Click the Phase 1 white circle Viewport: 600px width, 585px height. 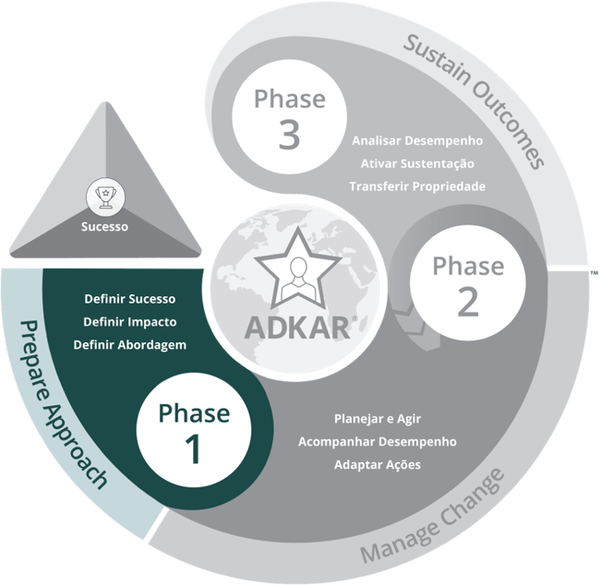click(193, 431)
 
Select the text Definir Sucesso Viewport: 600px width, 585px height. click(129, 299)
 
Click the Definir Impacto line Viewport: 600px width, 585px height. click(129, 322)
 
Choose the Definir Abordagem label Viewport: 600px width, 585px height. click(129, 345)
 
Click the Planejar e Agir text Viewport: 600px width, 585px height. click(377, 418)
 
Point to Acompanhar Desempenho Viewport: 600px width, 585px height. click(377, 441)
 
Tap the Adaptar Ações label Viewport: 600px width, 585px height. click(377, 464)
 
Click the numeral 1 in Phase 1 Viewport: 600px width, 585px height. click(193, 449)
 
